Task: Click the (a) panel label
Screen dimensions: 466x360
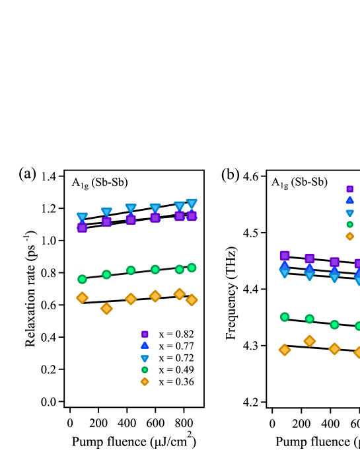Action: click(27, 173)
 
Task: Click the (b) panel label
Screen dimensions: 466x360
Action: click(230, 175)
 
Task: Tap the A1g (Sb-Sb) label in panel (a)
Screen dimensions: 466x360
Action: click(99, 183)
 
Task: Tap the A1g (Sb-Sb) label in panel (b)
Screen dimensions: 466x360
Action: click(299, 182)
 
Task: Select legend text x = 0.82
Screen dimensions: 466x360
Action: click(176, 334)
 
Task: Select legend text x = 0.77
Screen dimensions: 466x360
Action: click(176, 346)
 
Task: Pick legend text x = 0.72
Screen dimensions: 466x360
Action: click(176, 358)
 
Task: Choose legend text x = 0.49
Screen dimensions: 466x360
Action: click(176, 369)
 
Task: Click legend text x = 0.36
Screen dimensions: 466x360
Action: click(176, 381)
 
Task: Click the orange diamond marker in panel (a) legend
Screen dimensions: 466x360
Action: click(145, 381)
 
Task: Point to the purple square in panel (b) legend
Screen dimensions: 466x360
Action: click(349, 189)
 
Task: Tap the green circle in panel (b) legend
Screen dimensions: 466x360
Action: click(349, 224)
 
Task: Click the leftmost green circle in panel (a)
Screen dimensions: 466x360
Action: click(82, 279)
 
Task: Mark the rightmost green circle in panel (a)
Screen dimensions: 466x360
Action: click(192, 268)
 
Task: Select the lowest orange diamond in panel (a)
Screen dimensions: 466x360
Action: click(106, 308)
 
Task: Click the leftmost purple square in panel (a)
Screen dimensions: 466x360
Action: click(82, 227)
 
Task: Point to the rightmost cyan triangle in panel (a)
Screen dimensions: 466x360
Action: click(192, 204)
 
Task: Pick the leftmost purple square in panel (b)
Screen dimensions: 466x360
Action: click(285, 255)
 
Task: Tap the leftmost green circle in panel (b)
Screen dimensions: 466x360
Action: click(285, 317)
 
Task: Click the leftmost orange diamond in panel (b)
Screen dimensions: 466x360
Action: click(285, 350)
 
